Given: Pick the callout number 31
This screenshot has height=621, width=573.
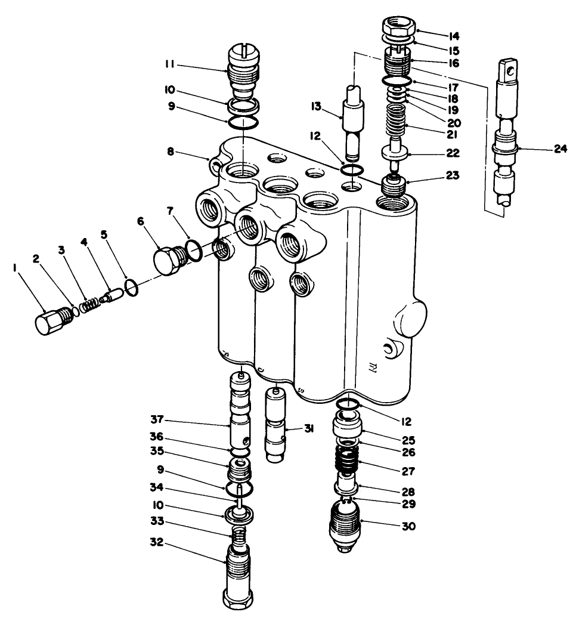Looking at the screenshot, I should click(x=309, y=430).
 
